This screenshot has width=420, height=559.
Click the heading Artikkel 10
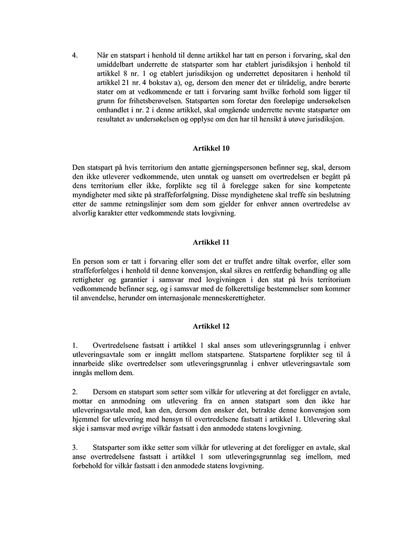210,149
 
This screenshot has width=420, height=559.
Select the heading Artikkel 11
210,242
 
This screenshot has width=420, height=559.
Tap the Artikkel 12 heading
210,326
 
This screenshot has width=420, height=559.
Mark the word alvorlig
86,215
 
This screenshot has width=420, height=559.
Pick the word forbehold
90,466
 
